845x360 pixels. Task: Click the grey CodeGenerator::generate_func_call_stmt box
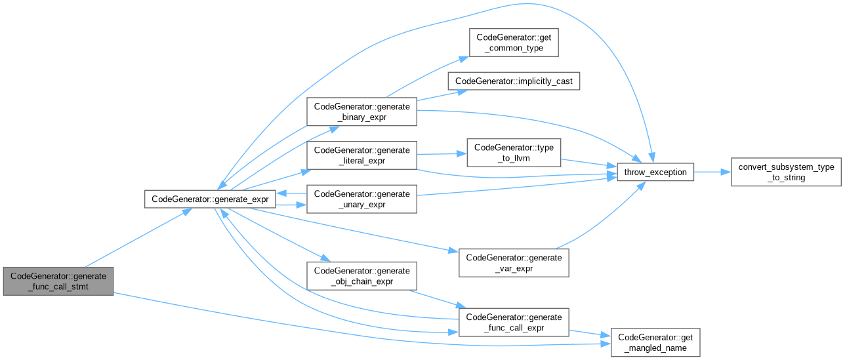[58, 281]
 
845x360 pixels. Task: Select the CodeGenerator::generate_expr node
[210, 199]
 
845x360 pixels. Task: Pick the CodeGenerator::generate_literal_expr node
[361, 155]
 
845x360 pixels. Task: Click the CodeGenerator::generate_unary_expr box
[361, 199]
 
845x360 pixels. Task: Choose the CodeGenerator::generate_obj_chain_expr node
[361, 275]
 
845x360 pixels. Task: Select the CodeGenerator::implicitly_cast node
[514, 81]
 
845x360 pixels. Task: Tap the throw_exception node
[655, 172]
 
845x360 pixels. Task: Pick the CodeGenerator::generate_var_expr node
[514, 262]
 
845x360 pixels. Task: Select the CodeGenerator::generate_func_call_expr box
[514, 322]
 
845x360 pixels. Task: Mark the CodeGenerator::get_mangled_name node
[655, 342]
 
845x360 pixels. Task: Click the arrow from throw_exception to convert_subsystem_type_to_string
[712, 172]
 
